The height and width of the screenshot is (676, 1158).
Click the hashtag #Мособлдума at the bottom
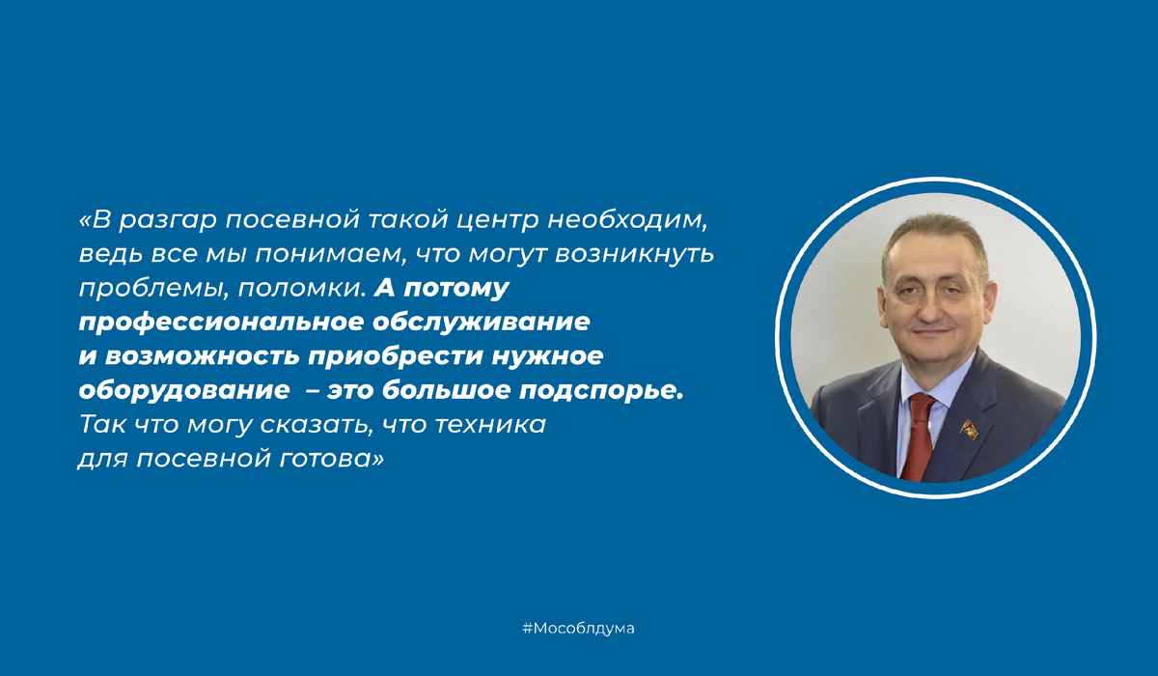pyautogui.click(x=579, y=629)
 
